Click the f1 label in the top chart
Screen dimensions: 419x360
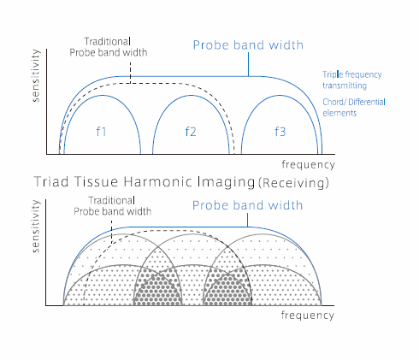pos(101,132)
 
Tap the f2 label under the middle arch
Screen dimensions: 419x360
pos(191,132)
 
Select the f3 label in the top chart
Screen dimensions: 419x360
pos(280,132)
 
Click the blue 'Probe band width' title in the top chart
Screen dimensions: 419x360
pos(248,45)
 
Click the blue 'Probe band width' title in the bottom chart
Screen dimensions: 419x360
pos(247,205)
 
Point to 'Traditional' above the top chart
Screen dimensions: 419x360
pos(108,42)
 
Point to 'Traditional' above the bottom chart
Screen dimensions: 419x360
pos(111,200)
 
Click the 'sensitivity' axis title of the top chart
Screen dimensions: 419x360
pos(36,75)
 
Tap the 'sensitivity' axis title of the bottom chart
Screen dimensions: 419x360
pos(36,226)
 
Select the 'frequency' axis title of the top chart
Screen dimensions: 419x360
pos(308,165)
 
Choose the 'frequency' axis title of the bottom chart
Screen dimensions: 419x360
pos(307,316)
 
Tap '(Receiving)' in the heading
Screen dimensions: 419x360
pos(294,183)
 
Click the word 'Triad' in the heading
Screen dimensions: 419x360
pos(51,182)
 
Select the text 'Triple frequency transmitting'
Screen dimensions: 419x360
pos(352,80)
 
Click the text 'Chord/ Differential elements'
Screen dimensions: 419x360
pos(354,108)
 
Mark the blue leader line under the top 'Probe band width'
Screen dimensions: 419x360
pos(248,64)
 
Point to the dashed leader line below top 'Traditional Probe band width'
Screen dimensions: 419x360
pos(130,72)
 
